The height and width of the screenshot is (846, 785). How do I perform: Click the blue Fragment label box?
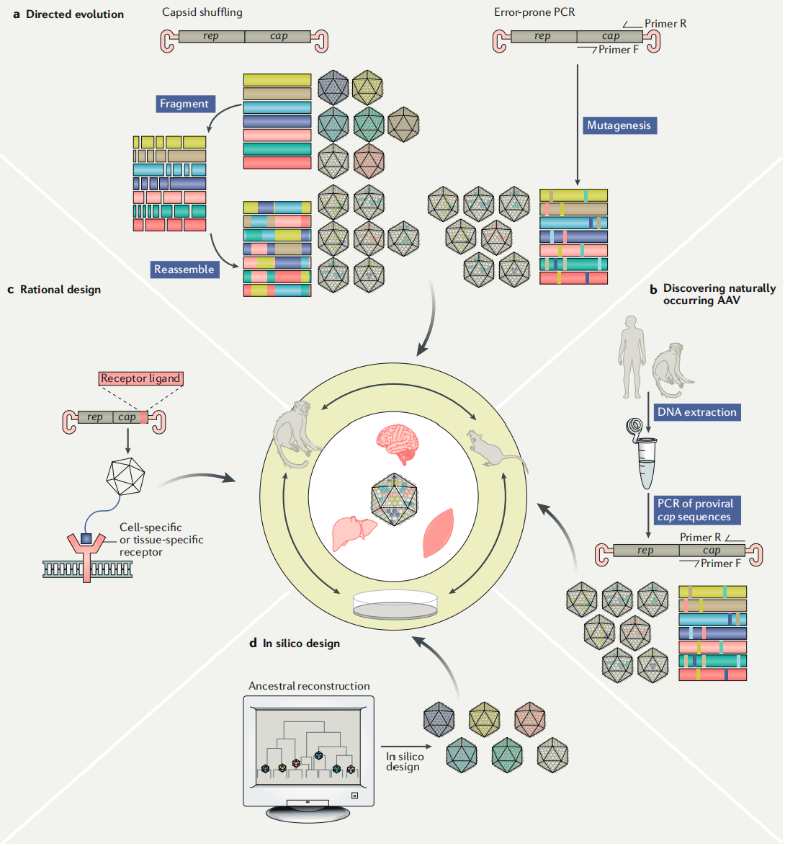[x=184, y=104]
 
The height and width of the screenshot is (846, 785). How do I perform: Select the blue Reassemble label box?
[x=184, y=270]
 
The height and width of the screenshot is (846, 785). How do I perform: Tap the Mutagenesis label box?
[x=619, y=125]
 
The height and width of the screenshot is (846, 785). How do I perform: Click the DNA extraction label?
[x=696, y=412]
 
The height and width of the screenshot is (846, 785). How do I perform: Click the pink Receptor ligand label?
[x=140, y=378]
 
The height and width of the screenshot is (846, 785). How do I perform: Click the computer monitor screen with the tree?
[x=309, y=749]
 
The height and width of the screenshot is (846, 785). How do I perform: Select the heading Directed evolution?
[x=75, y=14]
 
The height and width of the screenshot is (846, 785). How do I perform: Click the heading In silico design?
[x=301, y=644]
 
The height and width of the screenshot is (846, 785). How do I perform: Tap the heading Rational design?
[x=60, y=290]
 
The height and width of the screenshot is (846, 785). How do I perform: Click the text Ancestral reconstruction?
[x=309, y=686]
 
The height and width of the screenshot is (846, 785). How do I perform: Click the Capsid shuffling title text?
[x=202, y=13]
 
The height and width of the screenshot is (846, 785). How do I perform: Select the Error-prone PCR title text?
[x=534, y=13]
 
